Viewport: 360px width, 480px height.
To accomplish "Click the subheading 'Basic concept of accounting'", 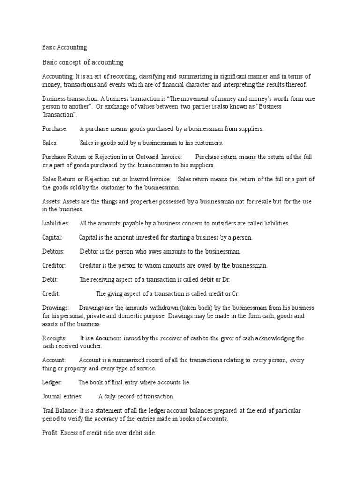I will tap(82, 62).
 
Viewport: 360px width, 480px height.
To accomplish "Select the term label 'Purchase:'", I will tap(55, 128).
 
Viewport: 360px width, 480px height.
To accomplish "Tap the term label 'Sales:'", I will tap(50, 143).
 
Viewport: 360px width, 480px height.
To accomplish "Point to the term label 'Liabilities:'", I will tap(56, 224).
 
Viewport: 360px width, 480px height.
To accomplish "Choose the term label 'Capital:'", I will tap(52, 238).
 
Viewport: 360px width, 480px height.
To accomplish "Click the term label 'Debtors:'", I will tap(53, 252).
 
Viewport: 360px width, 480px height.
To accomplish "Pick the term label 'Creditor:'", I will tap(54, 266).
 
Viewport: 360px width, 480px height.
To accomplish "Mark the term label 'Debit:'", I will tap(50, 280).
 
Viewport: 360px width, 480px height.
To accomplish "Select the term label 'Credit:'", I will tap(51, 294).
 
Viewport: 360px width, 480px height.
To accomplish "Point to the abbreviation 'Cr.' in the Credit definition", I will tap(235, 294).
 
